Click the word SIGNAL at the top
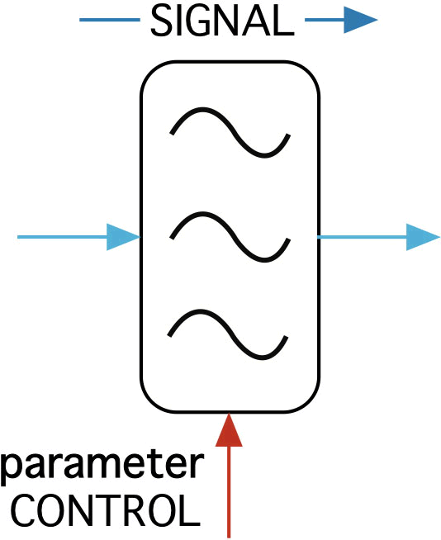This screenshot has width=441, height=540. pos(223,21)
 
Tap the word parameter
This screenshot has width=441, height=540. pos(102,466)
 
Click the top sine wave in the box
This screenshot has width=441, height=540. pos(230,132)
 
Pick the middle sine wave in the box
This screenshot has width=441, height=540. pos(230,237)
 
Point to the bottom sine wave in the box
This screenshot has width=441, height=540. pos(228,334)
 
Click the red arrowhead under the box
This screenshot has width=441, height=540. pos(229,430)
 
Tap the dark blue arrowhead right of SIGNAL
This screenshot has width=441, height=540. pos(361,20)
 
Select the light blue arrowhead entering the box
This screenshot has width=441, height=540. pos(123,237)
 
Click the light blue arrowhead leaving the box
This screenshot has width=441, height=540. pos(424,237)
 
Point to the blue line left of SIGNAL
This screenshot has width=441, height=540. pos(110,20)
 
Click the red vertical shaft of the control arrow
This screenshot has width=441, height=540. pos(229,492)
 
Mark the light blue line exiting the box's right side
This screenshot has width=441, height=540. pos(362,237)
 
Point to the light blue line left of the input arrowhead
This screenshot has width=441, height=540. pos(62,237)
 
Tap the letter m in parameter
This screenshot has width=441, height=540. pos(111,465)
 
